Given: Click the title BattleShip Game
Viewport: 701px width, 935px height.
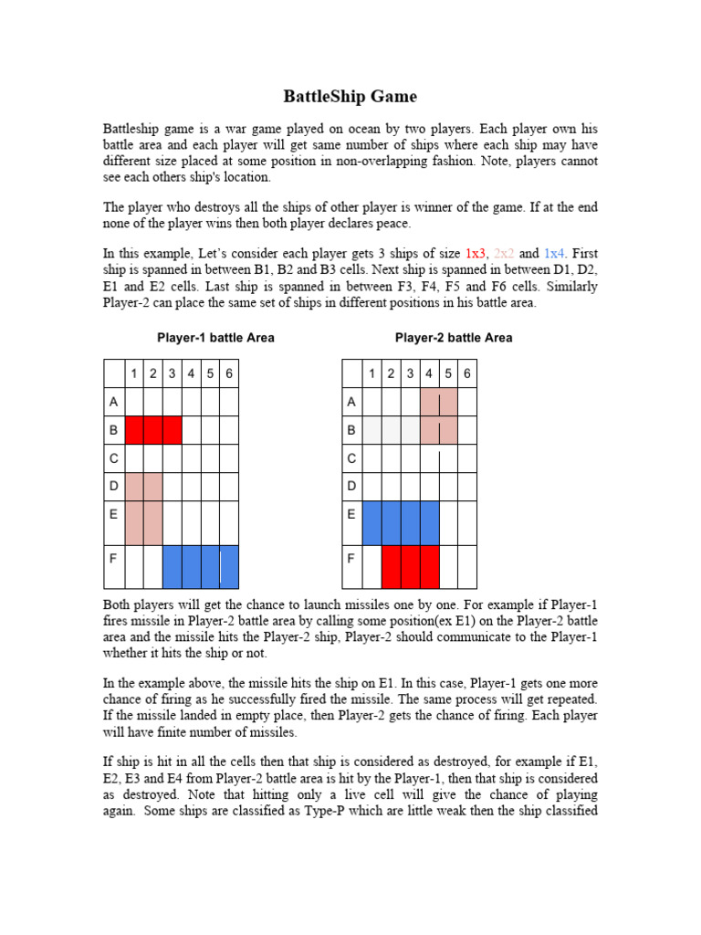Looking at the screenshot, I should (x=350, y=96).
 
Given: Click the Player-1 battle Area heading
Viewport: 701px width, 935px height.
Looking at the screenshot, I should (x=215, y=338).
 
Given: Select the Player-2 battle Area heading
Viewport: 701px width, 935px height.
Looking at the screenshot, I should (x=454, y=338).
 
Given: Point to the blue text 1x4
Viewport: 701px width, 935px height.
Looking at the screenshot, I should (x=555, y=253).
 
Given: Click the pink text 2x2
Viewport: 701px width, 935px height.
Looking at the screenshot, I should (x=505, y=253).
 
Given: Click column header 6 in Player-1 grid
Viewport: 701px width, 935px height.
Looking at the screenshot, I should (x=228, y=373).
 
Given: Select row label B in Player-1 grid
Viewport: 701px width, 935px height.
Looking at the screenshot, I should (x=113, y=430).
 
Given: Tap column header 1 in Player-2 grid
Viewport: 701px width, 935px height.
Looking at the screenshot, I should (x=371, y=373).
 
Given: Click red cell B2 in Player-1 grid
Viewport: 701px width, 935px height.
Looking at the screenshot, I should (x=152, y=430).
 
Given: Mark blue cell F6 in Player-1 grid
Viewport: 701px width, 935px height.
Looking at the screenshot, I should (x=229, y=566).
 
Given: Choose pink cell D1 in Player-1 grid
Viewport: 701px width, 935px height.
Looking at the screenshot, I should (x=133, y=487).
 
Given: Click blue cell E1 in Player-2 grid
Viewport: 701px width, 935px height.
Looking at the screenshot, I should (x=371, y=523).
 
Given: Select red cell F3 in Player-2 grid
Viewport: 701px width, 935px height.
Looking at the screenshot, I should (x=410, y=566).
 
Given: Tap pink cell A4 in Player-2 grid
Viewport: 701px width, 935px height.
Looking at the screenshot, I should (x=429, y=402).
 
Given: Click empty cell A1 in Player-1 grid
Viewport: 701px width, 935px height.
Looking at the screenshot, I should (x=133, y=402).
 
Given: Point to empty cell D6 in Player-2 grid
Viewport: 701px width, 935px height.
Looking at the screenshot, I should (x=466, y=487).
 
